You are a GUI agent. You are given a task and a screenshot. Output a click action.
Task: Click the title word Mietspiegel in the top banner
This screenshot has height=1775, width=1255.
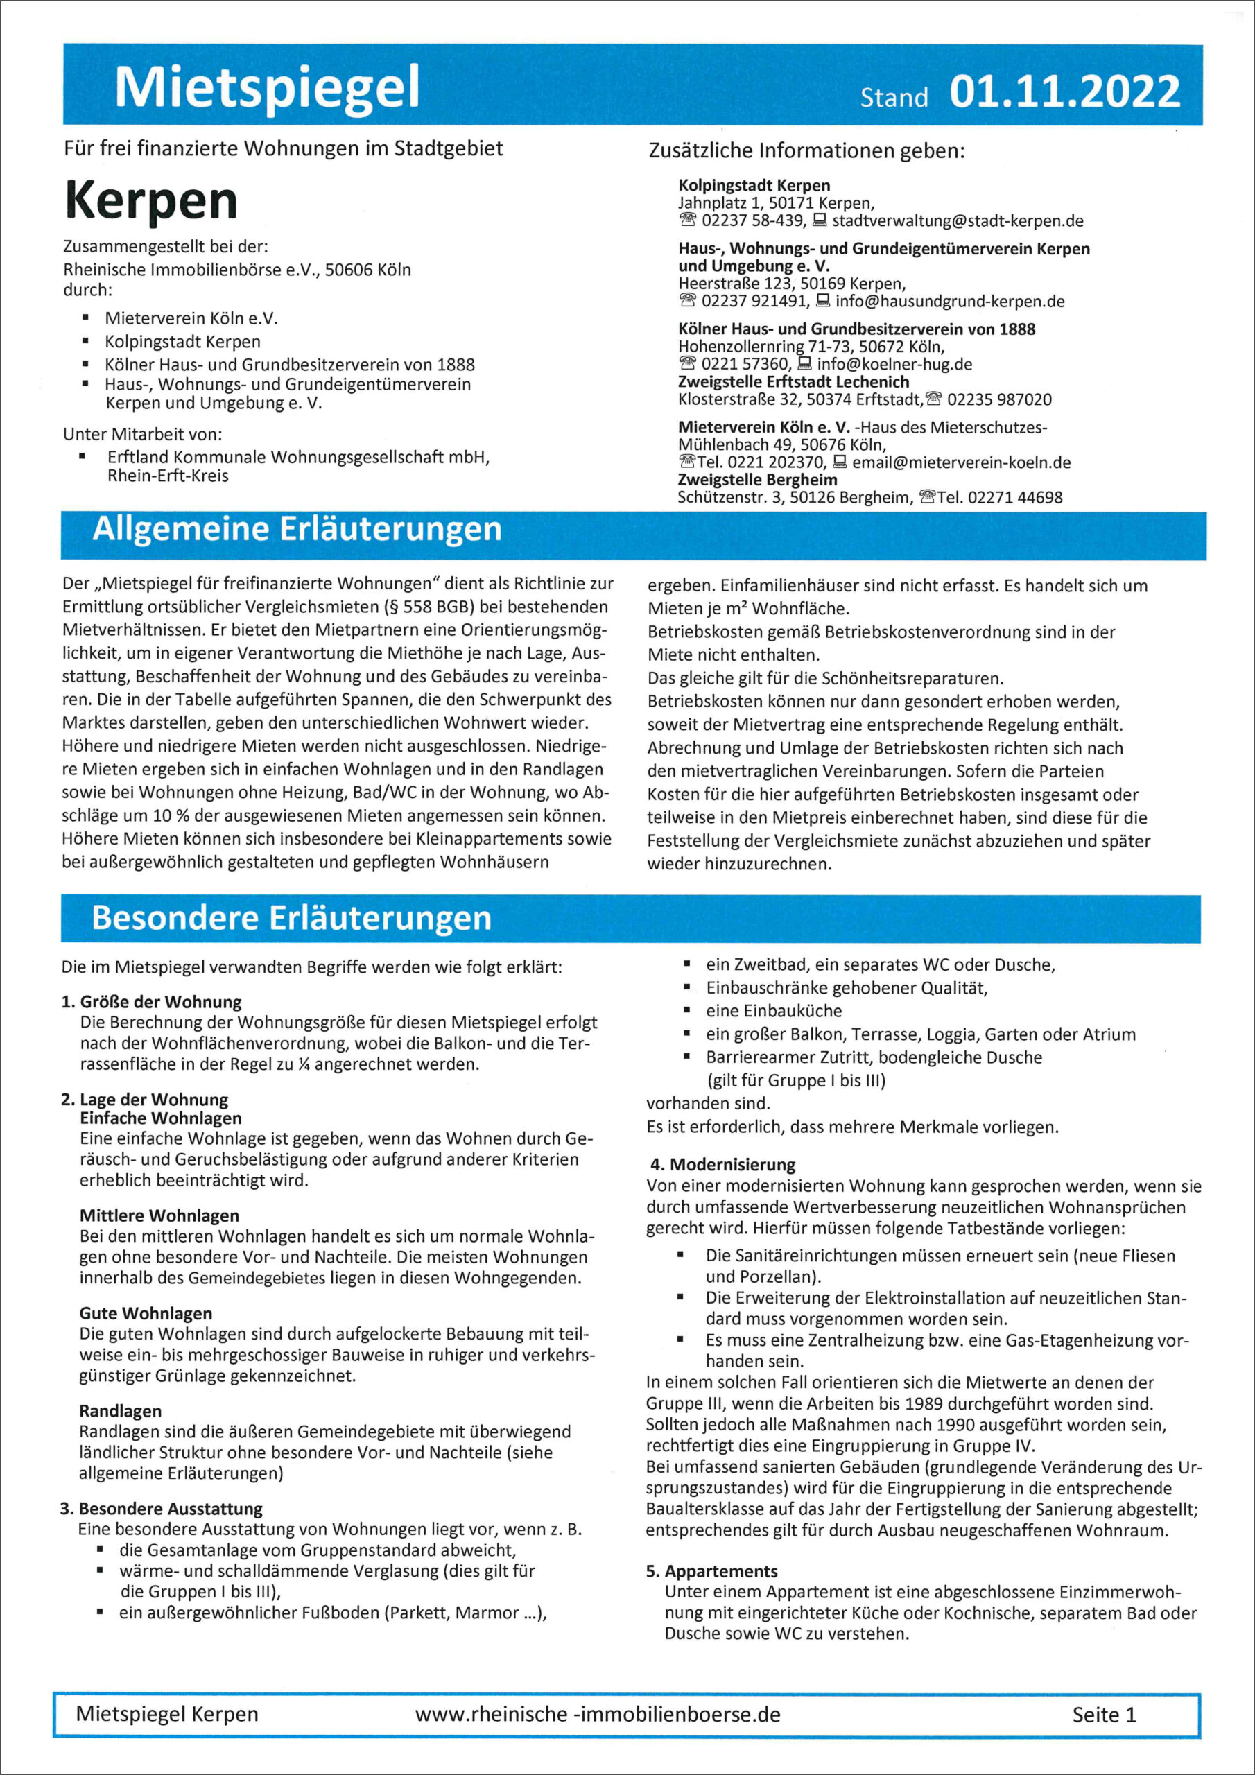click(267, 87)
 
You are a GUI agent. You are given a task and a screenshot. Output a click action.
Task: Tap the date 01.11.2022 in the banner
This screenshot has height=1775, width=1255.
click(1064, 92)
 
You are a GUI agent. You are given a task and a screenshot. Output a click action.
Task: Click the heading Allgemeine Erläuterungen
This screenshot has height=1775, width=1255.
click(297, 530)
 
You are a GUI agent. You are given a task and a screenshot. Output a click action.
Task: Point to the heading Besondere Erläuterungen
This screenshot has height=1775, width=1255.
click(291, 917)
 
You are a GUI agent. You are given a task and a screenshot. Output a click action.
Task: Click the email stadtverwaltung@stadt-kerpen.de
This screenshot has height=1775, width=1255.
click(958, 221)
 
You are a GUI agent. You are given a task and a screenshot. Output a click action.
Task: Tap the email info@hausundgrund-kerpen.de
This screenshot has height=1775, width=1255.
click(949, 302)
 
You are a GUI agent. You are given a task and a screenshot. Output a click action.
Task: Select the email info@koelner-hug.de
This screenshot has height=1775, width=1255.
click(894, 364)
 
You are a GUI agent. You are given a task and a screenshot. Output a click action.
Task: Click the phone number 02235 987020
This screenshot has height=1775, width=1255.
click(999, 399)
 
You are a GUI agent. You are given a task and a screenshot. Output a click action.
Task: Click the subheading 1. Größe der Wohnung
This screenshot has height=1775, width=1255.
click(152, 1002)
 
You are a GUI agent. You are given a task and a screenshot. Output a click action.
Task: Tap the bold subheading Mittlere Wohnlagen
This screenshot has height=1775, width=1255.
click(159, 1216)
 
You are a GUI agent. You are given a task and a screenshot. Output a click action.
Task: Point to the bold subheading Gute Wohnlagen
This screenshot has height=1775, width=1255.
click(146, 1313)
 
